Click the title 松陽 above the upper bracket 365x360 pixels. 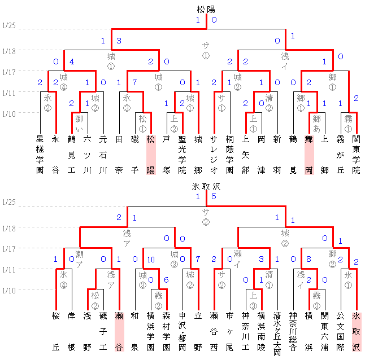[x=206, y=10]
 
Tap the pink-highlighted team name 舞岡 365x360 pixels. [x=308, y=153]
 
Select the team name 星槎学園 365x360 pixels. [x=40, y=153]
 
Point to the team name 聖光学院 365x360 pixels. [x=182, y=153]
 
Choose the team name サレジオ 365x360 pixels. [x=214, y=153]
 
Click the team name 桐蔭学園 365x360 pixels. [x=229, y=153]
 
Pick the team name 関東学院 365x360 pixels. [x=356, y=153]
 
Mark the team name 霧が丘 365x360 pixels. [x=340, y=153]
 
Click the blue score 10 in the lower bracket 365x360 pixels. [x=150, y=260]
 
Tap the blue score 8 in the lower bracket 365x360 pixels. [x=308, y=260]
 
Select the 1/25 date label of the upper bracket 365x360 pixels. [x=9, y=26]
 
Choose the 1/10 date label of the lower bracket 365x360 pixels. [x=9, y=290]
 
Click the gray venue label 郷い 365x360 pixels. [x=79, y=122]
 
